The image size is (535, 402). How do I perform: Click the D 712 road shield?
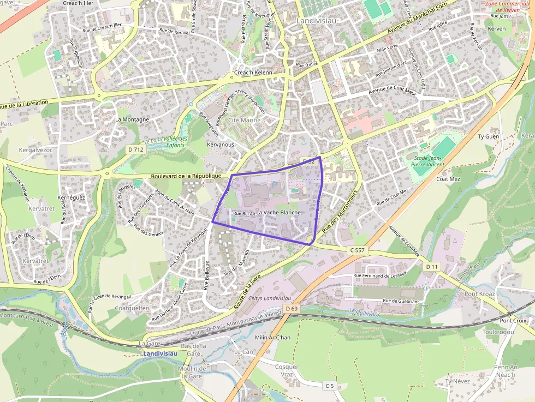coord(135,149)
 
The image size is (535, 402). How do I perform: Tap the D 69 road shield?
coord(291,309)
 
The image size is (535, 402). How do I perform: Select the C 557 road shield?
coord(356,250)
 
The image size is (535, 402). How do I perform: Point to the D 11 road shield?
coord(431,266)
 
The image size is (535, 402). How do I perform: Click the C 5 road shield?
coord(329,386)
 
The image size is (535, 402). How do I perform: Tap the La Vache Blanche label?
coord(278,212)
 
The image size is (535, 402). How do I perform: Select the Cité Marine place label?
coord(244,120)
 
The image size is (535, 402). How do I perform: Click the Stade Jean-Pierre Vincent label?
coord(427,160)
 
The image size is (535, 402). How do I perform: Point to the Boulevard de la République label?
coord(186,176)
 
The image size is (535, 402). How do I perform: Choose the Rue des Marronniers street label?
coord(339,212)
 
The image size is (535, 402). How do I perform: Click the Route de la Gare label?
coord(248,292)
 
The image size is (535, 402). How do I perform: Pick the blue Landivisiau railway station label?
coord(160,353)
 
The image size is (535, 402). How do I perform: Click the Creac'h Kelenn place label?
coord(253,73)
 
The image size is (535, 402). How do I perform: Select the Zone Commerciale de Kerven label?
coord(508,7)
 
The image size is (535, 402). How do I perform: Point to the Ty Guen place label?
coord(489,136)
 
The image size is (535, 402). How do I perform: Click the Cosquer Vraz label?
coord(287,371)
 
